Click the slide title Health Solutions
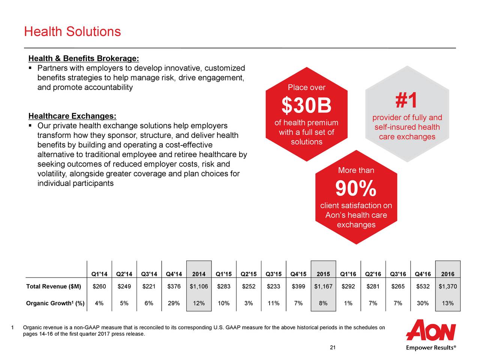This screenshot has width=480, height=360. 72,31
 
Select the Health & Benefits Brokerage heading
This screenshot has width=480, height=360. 84,59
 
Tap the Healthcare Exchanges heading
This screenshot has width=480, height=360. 72,116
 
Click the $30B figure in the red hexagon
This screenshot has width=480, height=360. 306,106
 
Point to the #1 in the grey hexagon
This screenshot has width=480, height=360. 406,100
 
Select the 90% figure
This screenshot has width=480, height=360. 355,189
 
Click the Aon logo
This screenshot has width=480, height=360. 431,330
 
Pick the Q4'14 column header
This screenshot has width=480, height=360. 174,274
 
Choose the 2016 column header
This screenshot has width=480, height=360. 448,274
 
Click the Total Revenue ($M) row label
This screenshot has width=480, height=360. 54,287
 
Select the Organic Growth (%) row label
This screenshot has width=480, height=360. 55,303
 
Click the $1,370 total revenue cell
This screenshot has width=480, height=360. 448,287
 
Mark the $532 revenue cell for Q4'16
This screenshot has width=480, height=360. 423,287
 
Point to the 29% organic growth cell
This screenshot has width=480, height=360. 174,303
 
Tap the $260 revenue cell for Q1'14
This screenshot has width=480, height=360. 99,287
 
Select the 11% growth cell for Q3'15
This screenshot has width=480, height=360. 273,303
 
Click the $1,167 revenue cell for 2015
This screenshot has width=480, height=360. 323,287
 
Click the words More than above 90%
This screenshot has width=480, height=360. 356,171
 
